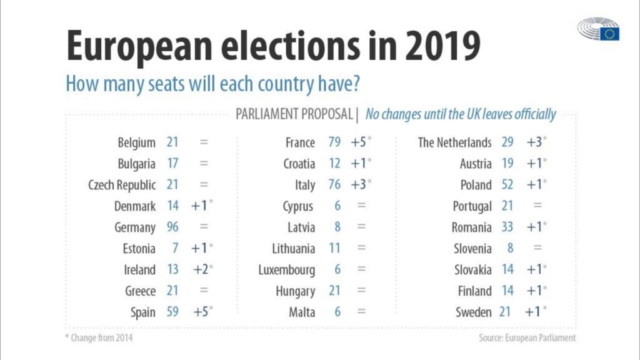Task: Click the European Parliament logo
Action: (598, 29)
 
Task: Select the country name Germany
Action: (134, 227)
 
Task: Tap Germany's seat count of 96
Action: (172, 227)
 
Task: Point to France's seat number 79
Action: (334, 142)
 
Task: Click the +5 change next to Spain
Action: (201, 312)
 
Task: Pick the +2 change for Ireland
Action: (201, 269)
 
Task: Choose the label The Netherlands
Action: (454, 142)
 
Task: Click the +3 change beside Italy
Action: (359, 184)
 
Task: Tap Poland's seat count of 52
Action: (507, 184)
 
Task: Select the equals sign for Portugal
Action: (537, 206)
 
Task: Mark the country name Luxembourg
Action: (286, 270)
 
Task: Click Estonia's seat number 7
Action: (174, 248)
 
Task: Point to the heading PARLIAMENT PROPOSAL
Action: (294, 114)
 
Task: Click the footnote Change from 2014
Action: (99, 338)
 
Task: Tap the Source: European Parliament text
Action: (527, 337)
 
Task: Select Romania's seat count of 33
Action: (507, 227)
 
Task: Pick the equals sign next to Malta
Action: (361, 312)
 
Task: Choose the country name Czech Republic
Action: (122, 185)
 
